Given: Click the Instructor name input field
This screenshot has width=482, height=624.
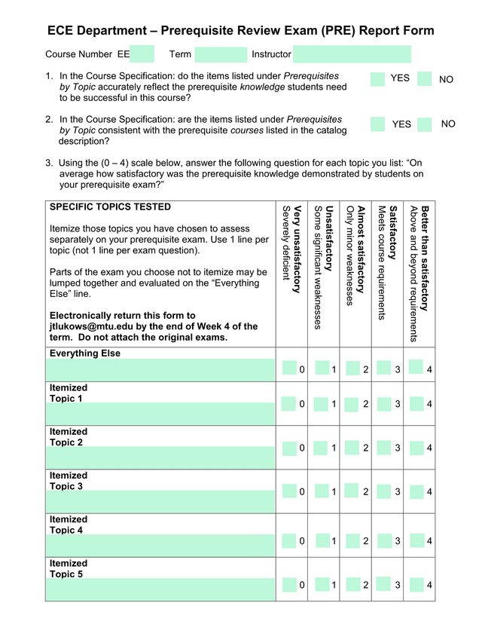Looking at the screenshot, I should click(352, 54).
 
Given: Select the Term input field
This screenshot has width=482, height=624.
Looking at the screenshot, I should click(221, 54).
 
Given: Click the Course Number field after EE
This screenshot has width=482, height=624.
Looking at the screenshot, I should click(142, 54).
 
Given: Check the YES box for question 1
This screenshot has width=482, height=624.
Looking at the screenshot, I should click(377, 79).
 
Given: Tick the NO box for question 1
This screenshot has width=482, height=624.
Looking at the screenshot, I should click(424, 79).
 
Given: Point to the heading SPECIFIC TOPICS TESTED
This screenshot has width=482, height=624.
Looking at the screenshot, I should click(110, 207).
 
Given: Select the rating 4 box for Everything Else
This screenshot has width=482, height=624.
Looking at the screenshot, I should click(416, 367).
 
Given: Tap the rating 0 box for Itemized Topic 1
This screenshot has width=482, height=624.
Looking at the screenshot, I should click(289, 403).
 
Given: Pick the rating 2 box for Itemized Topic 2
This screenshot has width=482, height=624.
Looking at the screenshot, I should click(352, 447).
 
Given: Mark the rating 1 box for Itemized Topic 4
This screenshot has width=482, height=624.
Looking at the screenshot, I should click(321, 540).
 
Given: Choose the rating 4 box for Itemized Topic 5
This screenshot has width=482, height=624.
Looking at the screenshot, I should click(416, 583).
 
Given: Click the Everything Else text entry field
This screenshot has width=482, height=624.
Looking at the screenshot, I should click(160, 370).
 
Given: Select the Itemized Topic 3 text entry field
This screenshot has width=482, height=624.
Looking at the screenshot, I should click(160, 502).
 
